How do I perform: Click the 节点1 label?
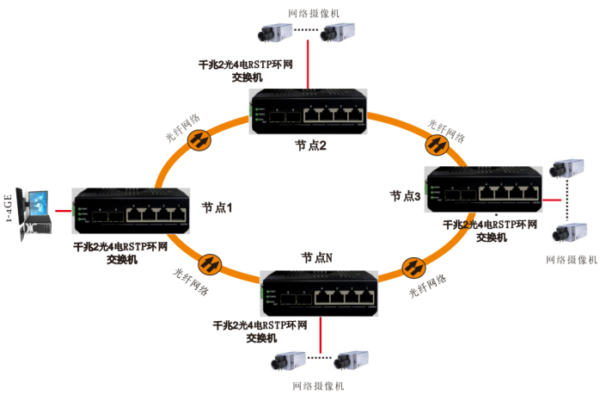point(217,207)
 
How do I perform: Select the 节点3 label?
point(405,196)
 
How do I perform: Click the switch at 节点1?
point(132,211)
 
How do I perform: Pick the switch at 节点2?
point(308,111)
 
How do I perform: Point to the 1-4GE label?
point(9,207)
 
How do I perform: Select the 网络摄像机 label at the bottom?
point(317,385)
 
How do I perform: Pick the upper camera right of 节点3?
point(568,168)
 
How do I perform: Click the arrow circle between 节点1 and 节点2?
point(199,139)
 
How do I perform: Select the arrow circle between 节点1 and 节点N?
point(209,262)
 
